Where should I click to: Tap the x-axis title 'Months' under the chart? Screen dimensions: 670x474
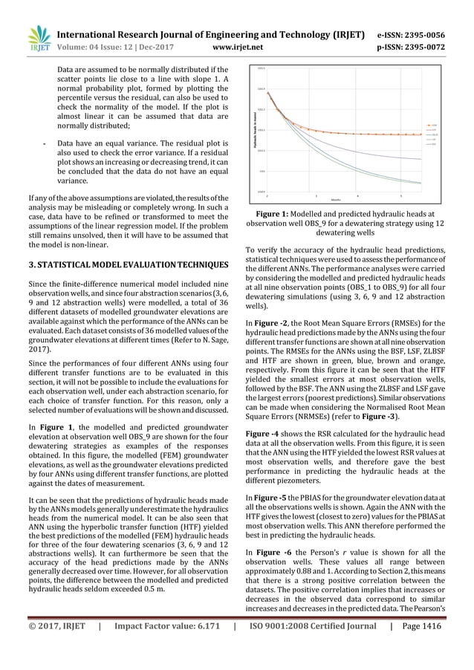point(337,200)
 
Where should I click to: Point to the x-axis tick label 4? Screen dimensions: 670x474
point(359,195)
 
